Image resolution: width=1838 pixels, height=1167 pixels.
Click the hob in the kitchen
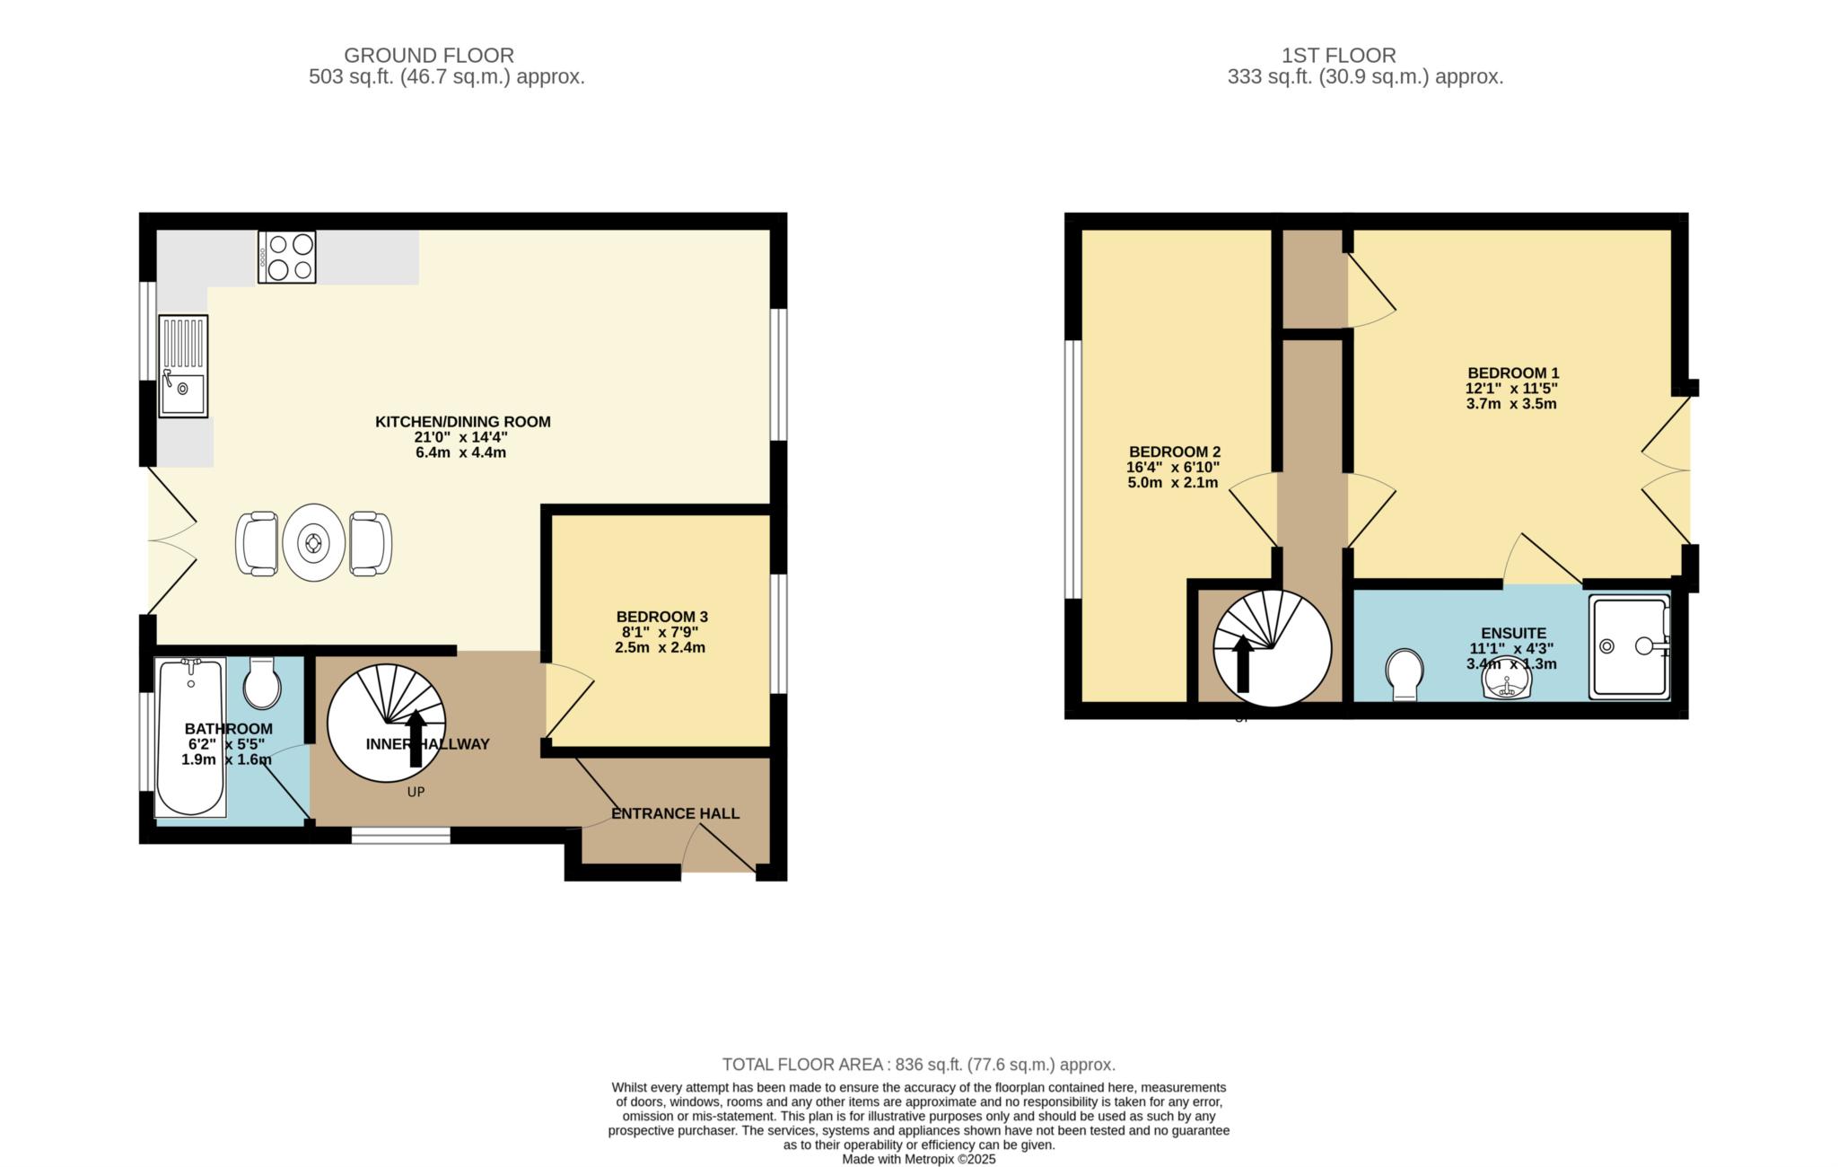[x=286, y=257]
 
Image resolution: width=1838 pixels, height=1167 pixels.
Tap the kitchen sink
[x=183, y=365]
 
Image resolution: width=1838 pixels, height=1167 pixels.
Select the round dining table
[x=313, y=542]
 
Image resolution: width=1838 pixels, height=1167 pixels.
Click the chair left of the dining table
[x=258, y=543]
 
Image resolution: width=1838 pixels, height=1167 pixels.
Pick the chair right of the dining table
[x=370, y=543]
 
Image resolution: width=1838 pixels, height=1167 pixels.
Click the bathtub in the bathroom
[x=190, y=737]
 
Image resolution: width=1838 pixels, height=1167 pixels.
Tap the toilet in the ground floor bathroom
[x=262, y=684]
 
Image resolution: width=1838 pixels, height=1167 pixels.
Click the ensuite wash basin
[x=1509, y=684]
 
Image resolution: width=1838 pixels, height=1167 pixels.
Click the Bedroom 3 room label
[x=661, y=617]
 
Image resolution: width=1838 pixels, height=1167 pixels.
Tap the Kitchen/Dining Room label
[x=462, y=422]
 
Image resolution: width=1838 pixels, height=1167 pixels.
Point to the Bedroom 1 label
[x=1513, y=373]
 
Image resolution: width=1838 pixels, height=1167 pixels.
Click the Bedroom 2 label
[x=1174, y=452]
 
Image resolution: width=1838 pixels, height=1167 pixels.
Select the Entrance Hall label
[x=675, y=813]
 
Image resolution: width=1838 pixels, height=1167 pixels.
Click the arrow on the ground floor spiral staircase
[x=416, y=739]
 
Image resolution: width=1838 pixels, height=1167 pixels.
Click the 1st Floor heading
[x=1338, y=56]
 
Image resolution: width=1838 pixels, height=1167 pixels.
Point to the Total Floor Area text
[x=919, y=1065]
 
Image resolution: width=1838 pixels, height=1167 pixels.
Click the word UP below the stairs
[x=416, y=792]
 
